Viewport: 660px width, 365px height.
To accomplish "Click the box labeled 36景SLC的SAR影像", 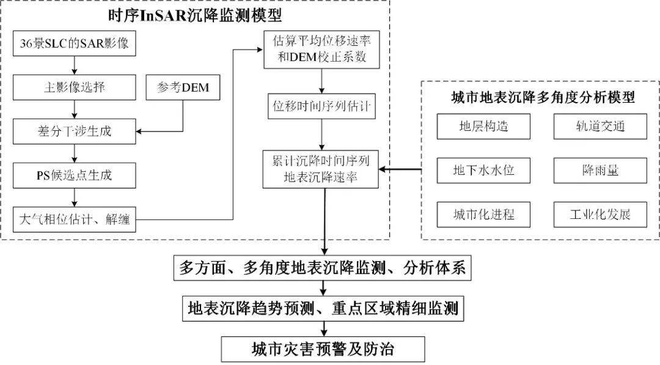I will point(74,45).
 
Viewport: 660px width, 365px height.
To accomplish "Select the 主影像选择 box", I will point(74,87).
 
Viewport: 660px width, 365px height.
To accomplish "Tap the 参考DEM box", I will point(183,87).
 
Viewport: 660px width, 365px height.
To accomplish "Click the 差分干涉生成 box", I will point(74,131).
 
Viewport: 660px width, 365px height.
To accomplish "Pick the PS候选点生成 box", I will point(74,176).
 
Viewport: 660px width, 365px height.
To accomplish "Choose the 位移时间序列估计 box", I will point(323,108).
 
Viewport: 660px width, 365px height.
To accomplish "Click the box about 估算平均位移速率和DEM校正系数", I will point(323,51).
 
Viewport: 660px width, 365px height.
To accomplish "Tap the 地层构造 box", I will point(483,127).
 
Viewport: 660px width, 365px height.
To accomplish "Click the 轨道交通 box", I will point(601,127).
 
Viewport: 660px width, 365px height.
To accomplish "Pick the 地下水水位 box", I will point(483,171).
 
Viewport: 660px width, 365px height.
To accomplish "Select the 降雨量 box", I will point(601,171).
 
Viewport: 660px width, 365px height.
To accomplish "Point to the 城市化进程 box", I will point(483,215).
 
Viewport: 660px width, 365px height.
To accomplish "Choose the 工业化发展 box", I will point(601,215).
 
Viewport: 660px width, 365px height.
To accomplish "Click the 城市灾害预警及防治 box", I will point(323,349).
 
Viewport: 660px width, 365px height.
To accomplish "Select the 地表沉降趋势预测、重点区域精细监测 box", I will point(323,309).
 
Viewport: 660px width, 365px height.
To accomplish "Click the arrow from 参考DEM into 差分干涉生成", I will point(160,131).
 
